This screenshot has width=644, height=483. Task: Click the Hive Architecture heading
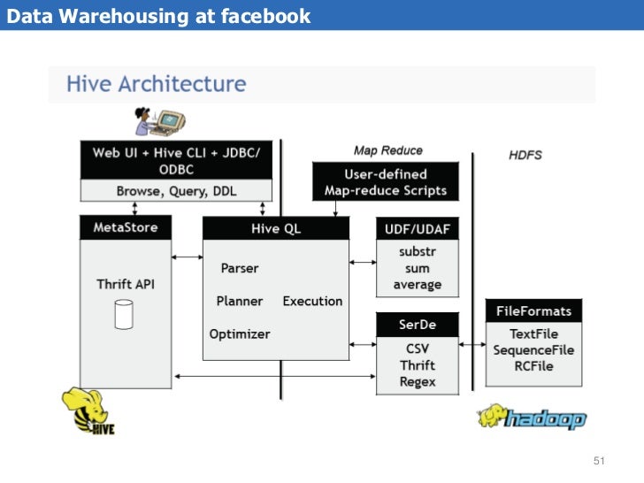click(156, 85)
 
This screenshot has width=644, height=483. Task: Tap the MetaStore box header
click(126, 227)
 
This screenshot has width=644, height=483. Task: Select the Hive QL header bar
click(275, 228)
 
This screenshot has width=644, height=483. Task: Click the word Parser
click(240, 267)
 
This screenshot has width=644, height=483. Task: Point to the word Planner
click(240, 301)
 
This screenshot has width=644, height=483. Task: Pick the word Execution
click(312, 301)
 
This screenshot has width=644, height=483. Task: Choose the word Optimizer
click(240, 333)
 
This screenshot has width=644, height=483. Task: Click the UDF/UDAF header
click(418, 228)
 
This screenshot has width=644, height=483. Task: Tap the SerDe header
click(418, 326)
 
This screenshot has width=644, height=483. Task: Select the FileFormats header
click(533, 310)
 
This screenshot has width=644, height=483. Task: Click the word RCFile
click(533, 366)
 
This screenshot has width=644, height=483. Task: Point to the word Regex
click(418, 381)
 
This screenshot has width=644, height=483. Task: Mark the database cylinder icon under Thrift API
click(124, 312)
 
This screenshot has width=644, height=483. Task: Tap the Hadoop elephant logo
click(531, 417)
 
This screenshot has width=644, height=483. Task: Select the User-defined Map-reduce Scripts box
click(386, 182)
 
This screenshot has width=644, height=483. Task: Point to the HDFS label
click(525, 155)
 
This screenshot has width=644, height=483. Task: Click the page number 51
click(599, 461)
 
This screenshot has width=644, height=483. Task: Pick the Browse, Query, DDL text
click(176, 190)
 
